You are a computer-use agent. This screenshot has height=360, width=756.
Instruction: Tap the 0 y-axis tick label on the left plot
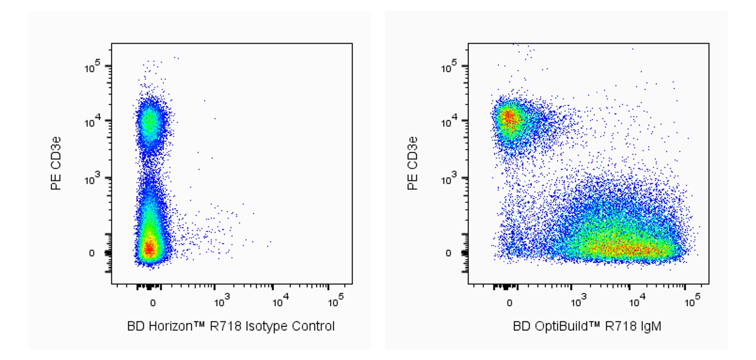tap(92, 253)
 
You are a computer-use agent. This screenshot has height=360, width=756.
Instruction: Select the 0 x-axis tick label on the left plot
tap(153, 303)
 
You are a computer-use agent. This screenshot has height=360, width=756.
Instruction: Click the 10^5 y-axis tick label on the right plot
tap(449, 68)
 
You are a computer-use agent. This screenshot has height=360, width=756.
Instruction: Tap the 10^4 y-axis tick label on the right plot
tap(449, 122)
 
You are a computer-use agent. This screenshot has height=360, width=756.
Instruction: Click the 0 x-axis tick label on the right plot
tap(509, 303)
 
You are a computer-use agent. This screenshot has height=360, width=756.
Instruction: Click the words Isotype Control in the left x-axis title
tap(290, 326)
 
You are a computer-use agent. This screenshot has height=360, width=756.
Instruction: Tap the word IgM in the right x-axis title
tap(652, 326)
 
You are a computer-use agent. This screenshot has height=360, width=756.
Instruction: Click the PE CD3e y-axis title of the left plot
tap(56, 163)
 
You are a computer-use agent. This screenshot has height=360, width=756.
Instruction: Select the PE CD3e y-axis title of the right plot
tap(413, 163)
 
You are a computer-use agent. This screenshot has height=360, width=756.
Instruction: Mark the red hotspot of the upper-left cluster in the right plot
tap(508, 119)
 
